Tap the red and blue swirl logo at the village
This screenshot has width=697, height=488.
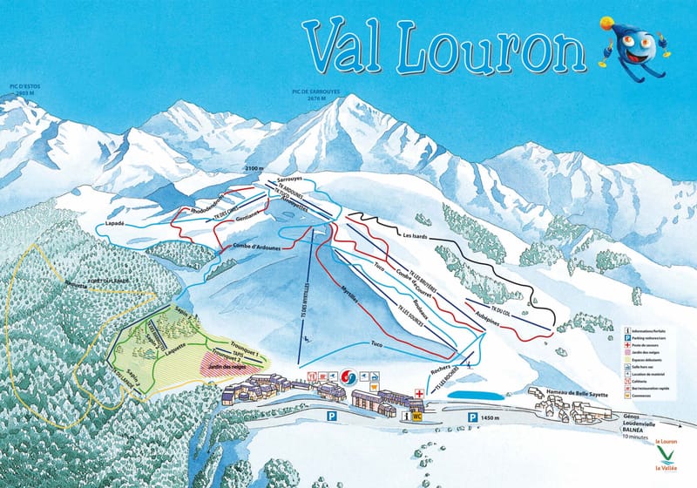click(347, 377)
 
